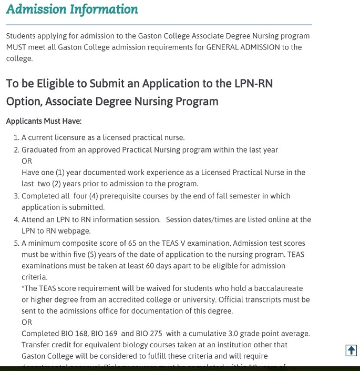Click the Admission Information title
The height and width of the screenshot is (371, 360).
tap(72, 9)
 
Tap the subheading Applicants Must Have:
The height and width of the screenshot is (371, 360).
tap(44, 121)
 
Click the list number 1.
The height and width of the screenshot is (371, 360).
tap(16, 138)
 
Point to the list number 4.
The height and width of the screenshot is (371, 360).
tap(16, 219)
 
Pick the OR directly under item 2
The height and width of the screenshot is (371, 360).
tap(27, 161)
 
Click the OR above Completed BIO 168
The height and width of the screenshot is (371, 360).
tap(27, 322)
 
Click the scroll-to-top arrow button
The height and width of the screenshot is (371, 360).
tap(351, 350)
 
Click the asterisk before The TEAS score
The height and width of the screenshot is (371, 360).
tap(23, 288)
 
